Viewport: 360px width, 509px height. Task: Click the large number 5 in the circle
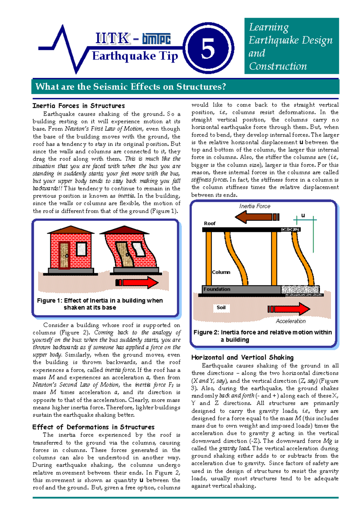[x=208, y=49]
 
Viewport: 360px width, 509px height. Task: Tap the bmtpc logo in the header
[x=156, y=39]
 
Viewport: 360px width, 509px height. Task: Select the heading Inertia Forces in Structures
[x=79, y=106]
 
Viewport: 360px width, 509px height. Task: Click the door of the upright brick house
[x=65, y=255]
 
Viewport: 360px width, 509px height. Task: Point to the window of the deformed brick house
[x=138, y=250]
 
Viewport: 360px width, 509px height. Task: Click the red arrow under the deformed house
[x=137, y=282]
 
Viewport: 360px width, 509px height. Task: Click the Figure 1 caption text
[x=100, y=304]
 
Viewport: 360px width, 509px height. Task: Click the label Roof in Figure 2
[x=209, y=223]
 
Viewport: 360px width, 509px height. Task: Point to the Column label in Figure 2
[x=221, y=272]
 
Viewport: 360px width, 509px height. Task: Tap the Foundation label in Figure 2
[x=217, y=289]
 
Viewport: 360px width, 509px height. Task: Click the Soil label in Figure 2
[x=221, y=307]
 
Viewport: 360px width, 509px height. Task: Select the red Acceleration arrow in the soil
[x=289, y=309]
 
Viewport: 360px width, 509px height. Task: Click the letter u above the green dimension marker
[x=303, y=215]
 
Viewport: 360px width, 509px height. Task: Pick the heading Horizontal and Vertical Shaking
[x=242, y=357]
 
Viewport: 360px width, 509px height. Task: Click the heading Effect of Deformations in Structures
[x=93, y=427]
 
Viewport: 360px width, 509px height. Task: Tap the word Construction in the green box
[x=278, y=66]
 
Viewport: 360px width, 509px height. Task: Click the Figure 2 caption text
[x=262, y=336]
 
